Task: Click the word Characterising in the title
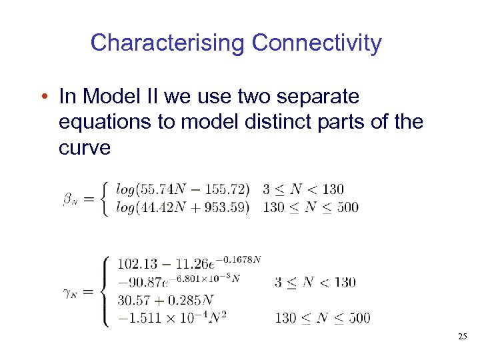pyautogui.click(x=168, y=43)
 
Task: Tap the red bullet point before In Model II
pyautogui.click(x=43, y=98)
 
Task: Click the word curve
pyautogui.click(x=85, y=147)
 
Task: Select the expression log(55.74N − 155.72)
pyautogui.click(x=183, y=190)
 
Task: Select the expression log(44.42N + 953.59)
pyautogui.click(x=183, y=207)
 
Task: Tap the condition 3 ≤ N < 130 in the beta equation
pyautogui.click(x=303, y=190)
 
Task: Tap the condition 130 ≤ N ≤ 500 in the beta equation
pyautogui.click(x=311, y=207)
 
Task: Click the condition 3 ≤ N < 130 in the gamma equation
pyautogui.click(x=315, y=282)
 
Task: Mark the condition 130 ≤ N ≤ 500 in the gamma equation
pyautogui.click(x=323, y=318)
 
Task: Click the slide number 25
pyautogui.click(x=463, y=337)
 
